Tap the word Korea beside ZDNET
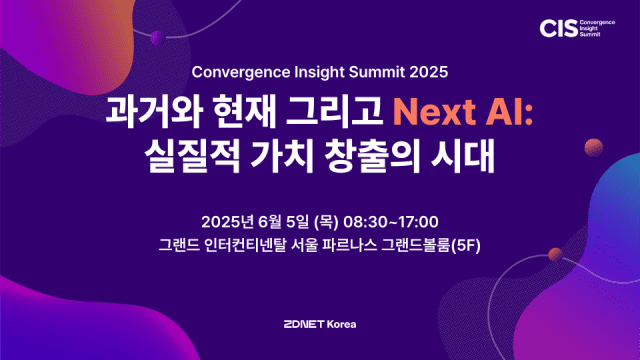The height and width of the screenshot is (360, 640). tap(341, 324)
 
